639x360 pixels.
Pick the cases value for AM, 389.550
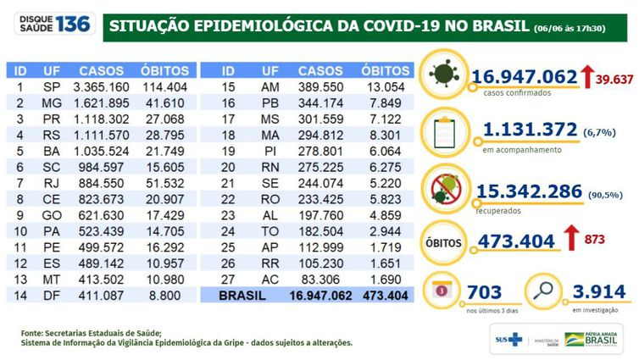(x=320, y=86)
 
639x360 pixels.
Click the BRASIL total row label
(x=241, y=296)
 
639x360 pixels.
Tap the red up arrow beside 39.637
(x=586, y=77)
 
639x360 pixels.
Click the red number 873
(x=594, y=241)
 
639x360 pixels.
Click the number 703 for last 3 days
(x=485, y=292)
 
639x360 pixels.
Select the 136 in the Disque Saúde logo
(x=73, y=23)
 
